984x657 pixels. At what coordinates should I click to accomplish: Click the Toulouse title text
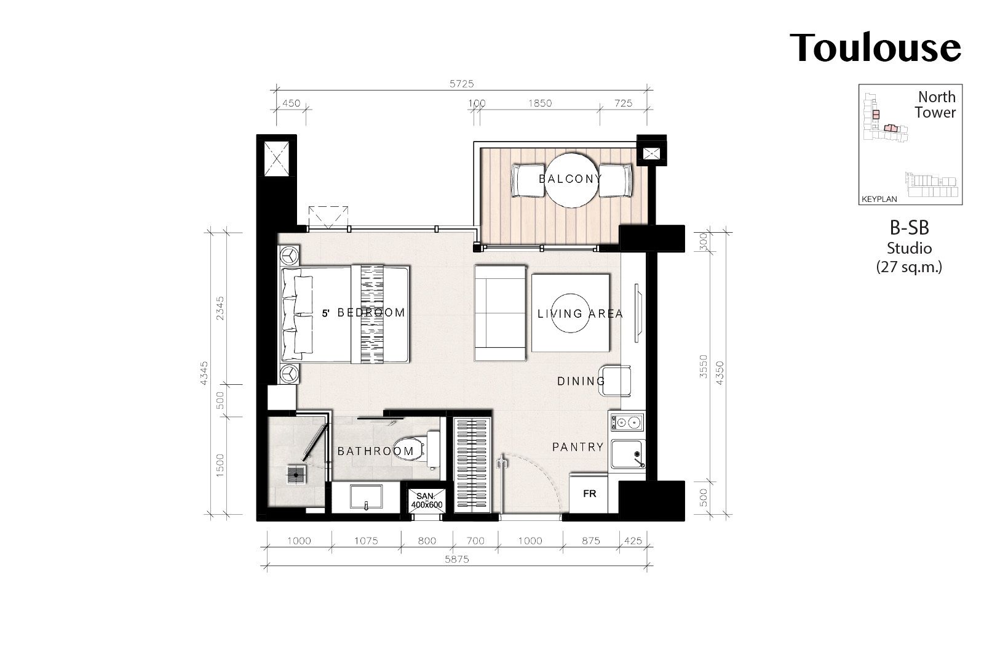click(x=875, y=48)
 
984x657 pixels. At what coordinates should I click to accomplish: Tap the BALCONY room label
click(x=570, y=179)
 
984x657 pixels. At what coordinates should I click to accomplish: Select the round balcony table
click(x=571, y=180)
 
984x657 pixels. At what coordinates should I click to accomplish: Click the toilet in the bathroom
click(x=416, y=448)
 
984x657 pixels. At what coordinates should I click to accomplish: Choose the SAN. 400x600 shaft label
click(x=426, y=501)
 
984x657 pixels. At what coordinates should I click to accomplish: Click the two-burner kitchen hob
click(x=627, y=423)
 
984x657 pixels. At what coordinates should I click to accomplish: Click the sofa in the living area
click(x=500, y=313)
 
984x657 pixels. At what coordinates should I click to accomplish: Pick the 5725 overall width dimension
click(x=462, y=84)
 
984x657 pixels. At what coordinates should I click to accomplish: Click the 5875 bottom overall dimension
click(x=457, y=559)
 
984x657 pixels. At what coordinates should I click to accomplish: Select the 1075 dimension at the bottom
click(x=366, y=541)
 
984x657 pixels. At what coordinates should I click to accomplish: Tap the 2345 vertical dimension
click(x=220, y=308)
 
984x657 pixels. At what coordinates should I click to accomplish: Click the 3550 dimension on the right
click(x=704, y=366)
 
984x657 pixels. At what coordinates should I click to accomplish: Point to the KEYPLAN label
click(x=879, y=200)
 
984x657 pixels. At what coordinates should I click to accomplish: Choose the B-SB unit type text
click(x=910, y=228)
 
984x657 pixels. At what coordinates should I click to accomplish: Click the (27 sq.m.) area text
click(x=910, y=267)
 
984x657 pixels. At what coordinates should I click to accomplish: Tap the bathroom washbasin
click(x=366, y=497)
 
